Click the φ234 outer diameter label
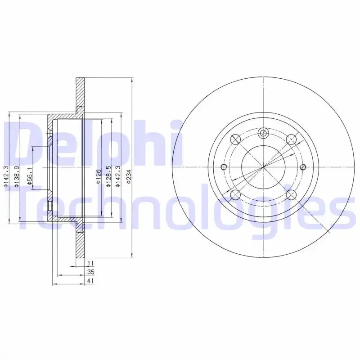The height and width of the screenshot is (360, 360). coord(129,176)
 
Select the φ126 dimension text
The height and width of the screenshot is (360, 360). coord(98,176)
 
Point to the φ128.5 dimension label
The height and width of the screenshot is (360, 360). coord(108,176)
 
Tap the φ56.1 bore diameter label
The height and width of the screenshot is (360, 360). coord(29,176)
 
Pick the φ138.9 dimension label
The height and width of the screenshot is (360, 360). coord(17,176)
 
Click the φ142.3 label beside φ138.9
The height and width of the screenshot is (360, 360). coord(6,176)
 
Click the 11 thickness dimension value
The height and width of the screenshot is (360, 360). coord(91,263)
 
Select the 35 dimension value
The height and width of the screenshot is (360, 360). coord(91,272)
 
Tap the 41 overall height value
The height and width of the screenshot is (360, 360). coord(91,280)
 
